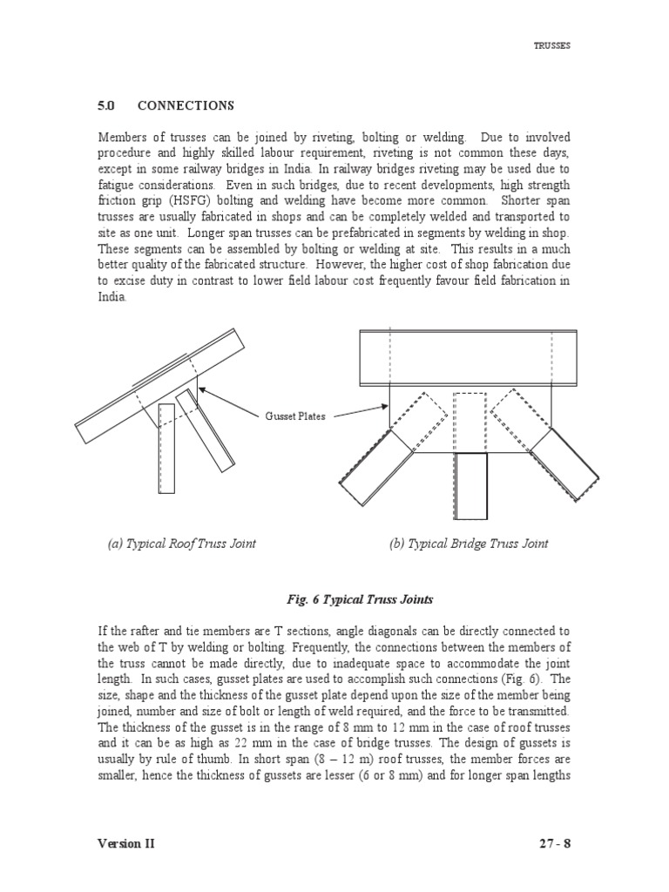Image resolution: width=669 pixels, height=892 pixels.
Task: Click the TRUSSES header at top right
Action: (x=552, y=46)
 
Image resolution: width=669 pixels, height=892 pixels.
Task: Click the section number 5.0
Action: (x=106, y=105)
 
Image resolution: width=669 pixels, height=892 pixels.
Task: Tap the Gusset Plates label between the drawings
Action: (x=295, y=416)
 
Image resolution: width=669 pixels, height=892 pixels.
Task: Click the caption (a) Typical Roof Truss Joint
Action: (x=181, y=544)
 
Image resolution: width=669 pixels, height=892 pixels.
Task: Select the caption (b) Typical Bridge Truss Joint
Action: (x=469, y=544)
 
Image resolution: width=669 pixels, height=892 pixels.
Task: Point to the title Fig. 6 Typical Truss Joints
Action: (x=360, y=600)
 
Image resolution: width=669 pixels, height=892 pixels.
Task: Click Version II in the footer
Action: (x=126, y=843)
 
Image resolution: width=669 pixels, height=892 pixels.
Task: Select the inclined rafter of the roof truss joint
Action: (x=157, y=383)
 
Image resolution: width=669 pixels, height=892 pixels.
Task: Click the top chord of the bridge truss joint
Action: (x=468, y=357)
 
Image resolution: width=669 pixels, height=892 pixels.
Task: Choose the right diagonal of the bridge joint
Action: (x=564, y=467)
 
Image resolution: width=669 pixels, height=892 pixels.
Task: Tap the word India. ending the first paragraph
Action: (x=111, y=296)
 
